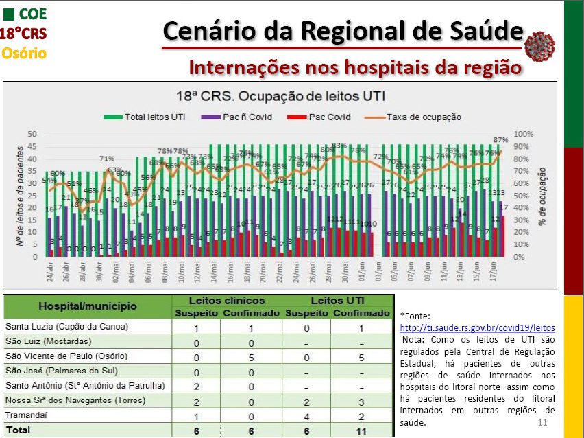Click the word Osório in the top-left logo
pos(24,52)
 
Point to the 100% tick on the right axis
pos(524,133)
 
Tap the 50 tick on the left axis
pos(32,133)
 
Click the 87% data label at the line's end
pos(500,139)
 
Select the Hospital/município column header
pos(87,306)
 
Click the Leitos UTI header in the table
pos(338,300)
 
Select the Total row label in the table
pos(19,430)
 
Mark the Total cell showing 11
pos(361,430)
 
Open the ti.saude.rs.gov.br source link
pos(477,328)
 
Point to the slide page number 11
pos(543,422)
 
